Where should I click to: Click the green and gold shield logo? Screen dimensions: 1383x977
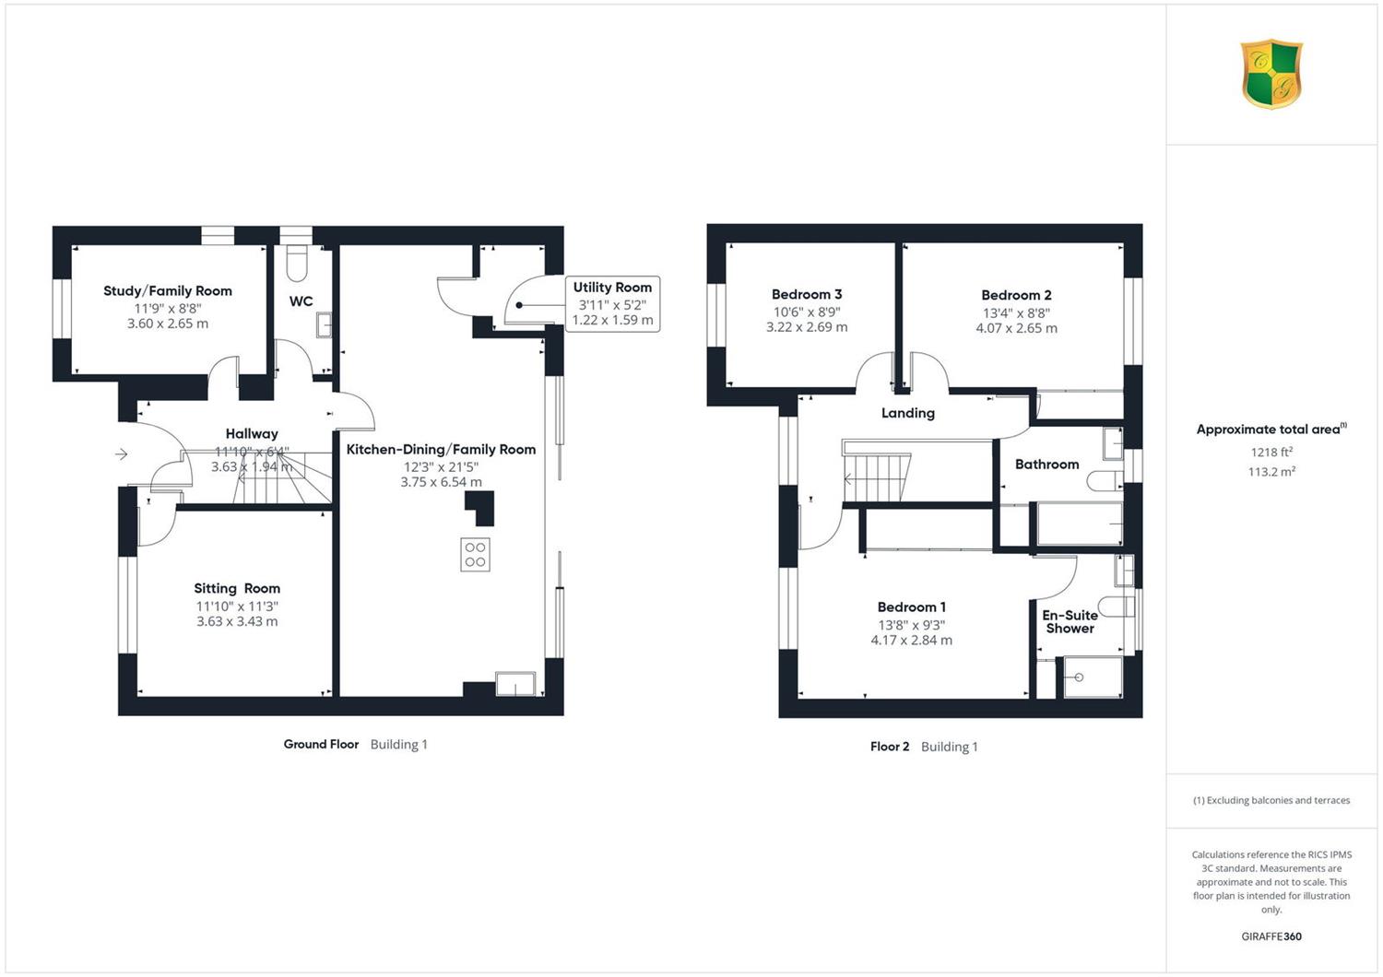point(1271,74)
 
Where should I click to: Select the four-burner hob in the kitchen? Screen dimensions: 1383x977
point(475,554)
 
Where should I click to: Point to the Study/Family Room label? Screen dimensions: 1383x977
point(167,290)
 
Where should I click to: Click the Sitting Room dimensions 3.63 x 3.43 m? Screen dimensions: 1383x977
point(237,621)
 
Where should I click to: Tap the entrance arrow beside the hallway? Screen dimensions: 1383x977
point(121,454)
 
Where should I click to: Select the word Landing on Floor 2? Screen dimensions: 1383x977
point(907,413)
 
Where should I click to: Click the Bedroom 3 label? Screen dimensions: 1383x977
point(807,294)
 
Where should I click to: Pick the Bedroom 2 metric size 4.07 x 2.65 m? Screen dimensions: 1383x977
point(1016,328)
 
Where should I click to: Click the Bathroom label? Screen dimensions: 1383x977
point(1046,465)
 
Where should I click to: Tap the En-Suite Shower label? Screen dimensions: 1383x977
point(1070,621)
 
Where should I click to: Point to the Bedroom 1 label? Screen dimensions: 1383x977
point(911,606)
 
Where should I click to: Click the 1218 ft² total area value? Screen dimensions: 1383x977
point(1271,452)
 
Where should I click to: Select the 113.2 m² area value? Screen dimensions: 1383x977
point(1271,472)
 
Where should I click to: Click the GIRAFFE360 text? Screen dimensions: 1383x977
point(1271,936)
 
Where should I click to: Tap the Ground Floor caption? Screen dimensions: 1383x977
point(321,744)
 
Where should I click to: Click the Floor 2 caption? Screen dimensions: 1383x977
point(890,747)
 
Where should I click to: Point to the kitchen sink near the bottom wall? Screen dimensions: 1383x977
point(515,684)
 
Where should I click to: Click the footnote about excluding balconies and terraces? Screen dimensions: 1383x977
point(1271,800)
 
